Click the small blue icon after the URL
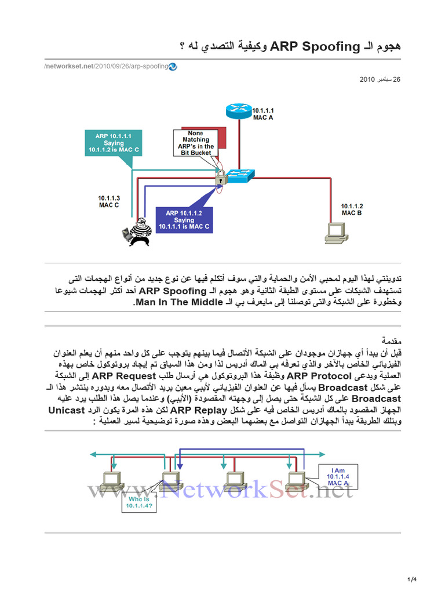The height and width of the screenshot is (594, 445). [x=173, y=67]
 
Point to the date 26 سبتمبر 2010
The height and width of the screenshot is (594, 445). [x=380, y=79]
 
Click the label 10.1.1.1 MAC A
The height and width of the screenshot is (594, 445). [x=262, y=113]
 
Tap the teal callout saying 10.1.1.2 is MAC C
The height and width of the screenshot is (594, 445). [x=114, y=143]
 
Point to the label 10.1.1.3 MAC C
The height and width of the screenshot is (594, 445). [x=109, y=201]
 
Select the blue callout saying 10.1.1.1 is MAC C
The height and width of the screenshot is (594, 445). [x=184, y=220]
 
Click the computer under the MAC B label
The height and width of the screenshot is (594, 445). [x=335, y=231]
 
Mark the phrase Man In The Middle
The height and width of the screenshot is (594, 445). [x=178, y=302]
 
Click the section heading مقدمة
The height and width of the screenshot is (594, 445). [x=391, y=340]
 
